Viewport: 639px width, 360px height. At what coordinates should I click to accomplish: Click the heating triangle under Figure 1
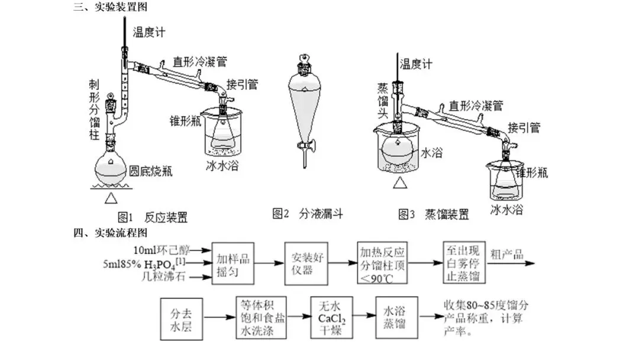(x=111, y=198)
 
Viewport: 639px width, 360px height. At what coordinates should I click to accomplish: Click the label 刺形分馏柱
(x=94, y=110)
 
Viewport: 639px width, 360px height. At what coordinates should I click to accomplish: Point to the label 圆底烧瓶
(x=150, y=171)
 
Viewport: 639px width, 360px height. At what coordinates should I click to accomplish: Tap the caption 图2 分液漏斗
(x=308, y=213)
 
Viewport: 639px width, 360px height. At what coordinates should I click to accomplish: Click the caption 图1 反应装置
(x=153, y=217)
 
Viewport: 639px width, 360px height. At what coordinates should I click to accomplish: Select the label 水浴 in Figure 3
(x=431, y=153)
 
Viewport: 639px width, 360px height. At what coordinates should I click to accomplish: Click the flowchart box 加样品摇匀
(x=233, y=263)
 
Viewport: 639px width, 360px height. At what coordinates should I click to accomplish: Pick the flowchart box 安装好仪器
(x=306, y=263)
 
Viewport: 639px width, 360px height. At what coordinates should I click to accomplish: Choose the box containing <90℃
(x=382, y=263)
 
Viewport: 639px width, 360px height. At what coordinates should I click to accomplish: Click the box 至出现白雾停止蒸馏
(x=464, y=262)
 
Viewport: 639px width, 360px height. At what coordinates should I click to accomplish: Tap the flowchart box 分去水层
(x=182, y=319)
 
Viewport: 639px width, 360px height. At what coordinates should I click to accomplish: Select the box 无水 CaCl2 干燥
(x=331, y=317)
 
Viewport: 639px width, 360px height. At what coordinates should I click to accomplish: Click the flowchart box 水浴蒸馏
(x=396, y=317)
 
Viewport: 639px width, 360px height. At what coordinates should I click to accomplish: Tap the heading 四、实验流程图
(x=111, y=233)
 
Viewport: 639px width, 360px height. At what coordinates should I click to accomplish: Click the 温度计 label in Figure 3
(x=416, y=64)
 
